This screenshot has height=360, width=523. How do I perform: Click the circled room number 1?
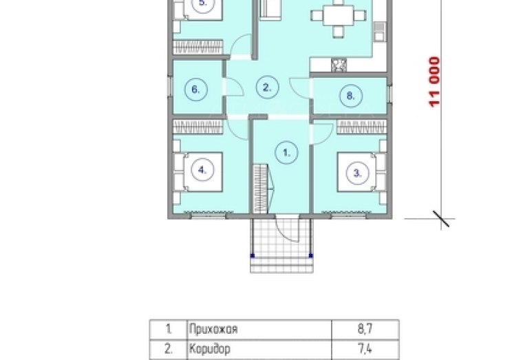(x=286, y=153)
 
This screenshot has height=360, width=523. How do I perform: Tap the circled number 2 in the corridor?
(x=267, y=87)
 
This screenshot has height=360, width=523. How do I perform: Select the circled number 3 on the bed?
(x=358, y=173)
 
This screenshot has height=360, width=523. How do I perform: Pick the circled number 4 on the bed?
(x=202, y=170)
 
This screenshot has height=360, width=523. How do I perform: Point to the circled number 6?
(x=196, y=89)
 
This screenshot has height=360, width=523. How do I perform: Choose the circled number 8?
(x=350, y=96)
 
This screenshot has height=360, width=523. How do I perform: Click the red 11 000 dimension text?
(x=434, y=82)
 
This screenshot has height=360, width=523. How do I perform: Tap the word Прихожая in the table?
(x=213, y=329)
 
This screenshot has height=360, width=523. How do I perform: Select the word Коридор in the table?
(x=210, y=349)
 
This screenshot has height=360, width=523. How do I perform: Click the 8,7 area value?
(x=365, y=329)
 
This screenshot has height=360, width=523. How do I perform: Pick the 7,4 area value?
(x=365, y=349)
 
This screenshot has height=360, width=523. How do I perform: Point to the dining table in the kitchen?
(x=338, y=16)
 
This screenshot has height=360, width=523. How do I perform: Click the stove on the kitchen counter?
(x=339, y=65)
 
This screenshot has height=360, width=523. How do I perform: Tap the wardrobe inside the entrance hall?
(x=260, y=189)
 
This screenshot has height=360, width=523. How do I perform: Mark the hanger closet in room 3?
(x=361, y=127)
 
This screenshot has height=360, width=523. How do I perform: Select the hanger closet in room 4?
(x=198, y=127)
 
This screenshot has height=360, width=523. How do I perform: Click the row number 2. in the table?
(x=169, y=349)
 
